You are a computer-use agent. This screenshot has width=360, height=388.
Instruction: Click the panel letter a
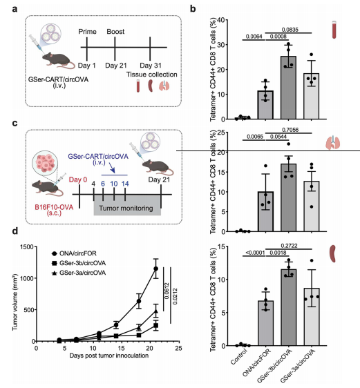click(x=15, y=9)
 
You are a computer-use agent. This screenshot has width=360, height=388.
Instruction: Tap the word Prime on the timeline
click(x=87, y=32)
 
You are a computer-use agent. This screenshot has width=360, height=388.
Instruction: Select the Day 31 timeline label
click(x=151, y=66)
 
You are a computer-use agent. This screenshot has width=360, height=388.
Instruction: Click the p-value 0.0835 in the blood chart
click(x=290, y=30)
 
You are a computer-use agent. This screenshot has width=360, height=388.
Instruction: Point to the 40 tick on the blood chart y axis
click(x=222, y=20)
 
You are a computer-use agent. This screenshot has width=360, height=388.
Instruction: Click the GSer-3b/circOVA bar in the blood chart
click(x=288, y=88)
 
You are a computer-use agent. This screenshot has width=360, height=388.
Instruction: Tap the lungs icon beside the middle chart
click(x=333, y=142)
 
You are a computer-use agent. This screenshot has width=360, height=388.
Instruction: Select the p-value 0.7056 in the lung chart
click(x=290, y=130)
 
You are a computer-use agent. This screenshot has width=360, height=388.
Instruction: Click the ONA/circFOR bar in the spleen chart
click(x=265, y=323)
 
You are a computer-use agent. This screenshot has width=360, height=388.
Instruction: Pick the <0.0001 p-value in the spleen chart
click(x=255, y=253)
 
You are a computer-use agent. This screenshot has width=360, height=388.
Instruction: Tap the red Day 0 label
click(x=78, y=180)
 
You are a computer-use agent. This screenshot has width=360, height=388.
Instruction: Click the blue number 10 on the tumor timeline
click(x=113, y=184)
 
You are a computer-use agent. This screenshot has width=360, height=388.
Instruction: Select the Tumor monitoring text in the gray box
click(x=126, y=208)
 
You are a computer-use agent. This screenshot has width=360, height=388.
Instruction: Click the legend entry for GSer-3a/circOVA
click(x=79, y=273)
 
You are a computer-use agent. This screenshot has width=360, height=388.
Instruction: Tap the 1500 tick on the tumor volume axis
click(x=27, y=246)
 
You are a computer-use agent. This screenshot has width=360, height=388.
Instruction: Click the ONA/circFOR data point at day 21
click(x=155, y=269)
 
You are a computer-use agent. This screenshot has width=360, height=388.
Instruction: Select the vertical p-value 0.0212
click(x=175, y=296)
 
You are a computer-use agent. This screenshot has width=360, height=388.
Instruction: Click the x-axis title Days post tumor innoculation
click(x=109, y=356)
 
